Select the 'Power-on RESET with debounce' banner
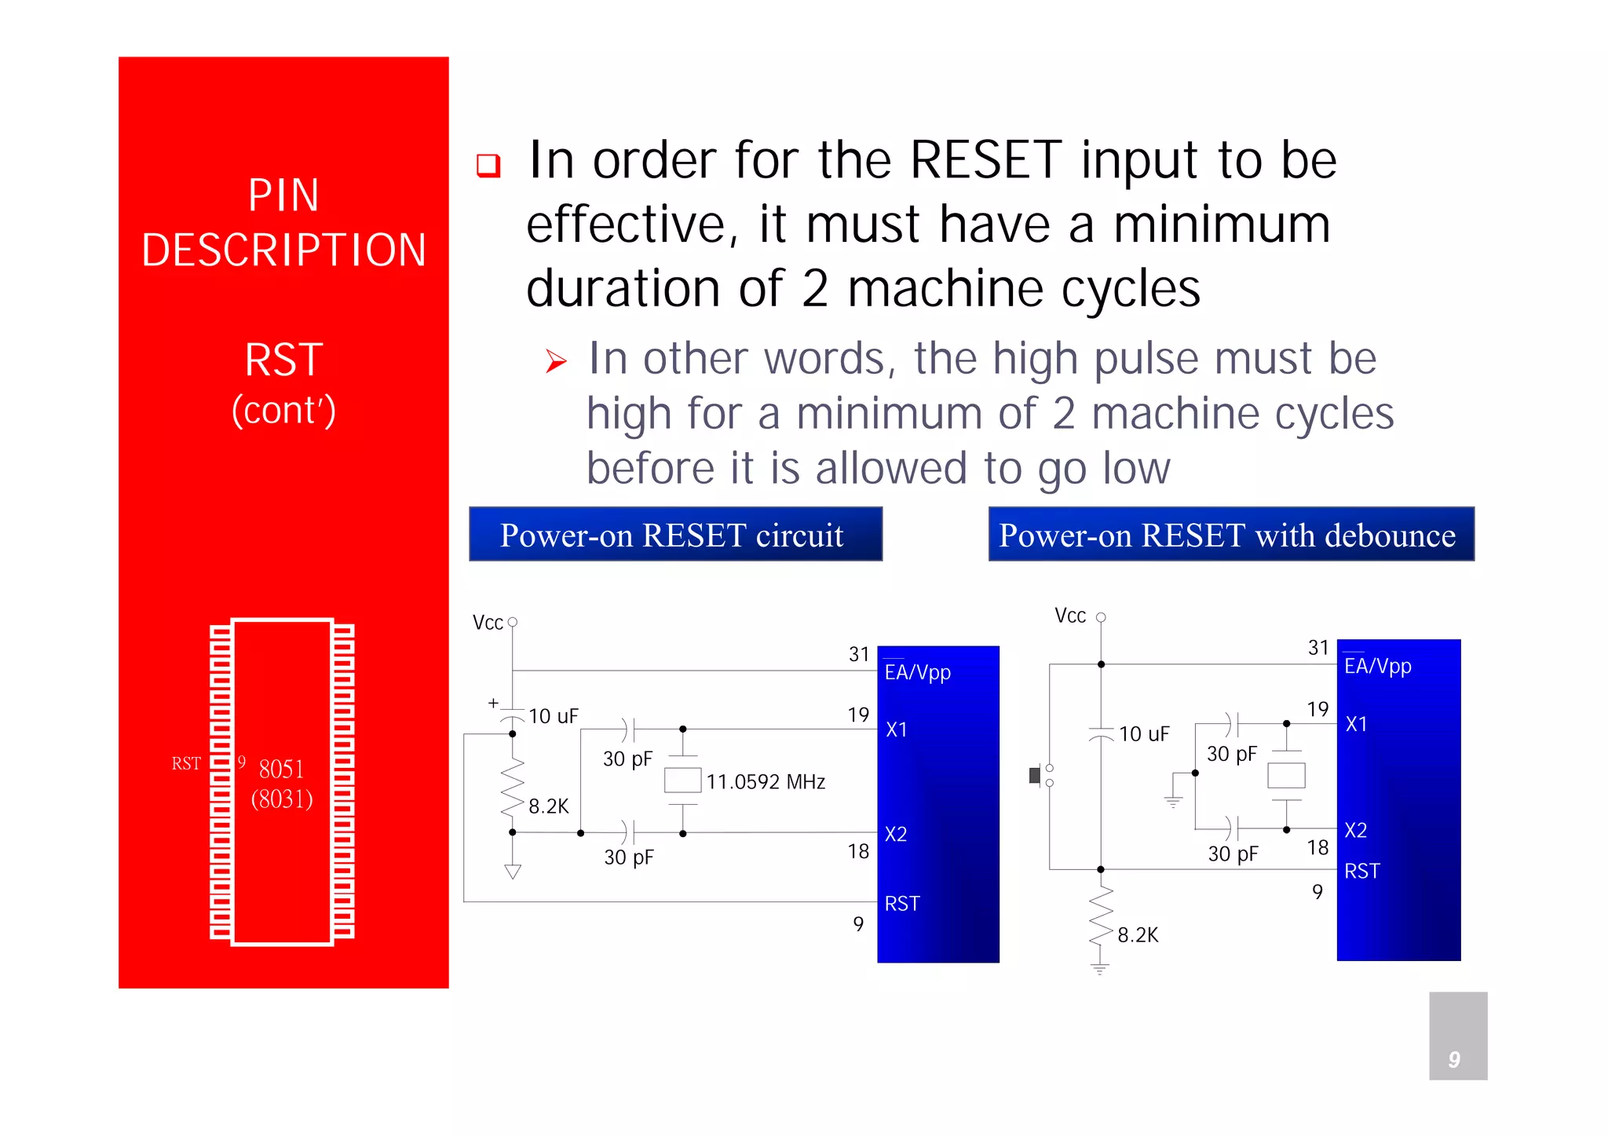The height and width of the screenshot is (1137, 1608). [1230, 535]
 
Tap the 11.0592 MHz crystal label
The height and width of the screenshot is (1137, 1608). [766, 782]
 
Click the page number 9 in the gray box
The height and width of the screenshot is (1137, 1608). [1454, 1059]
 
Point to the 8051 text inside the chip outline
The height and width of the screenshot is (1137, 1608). [281, 769]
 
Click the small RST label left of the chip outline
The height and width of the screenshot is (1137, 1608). [186, 763]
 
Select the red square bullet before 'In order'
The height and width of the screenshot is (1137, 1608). [488, 165]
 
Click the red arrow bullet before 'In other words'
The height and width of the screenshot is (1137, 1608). [556, 361]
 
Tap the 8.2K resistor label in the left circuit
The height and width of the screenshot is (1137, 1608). [548, 806]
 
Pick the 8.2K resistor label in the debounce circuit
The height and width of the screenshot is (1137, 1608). [1138, 935]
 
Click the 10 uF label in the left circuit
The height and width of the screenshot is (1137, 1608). [553, 716]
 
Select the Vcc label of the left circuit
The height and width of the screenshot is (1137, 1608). [488, 623]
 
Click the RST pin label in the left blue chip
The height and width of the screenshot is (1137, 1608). [901, 904]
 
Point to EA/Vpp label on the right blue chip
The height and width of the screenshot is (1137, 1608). [1377, 667]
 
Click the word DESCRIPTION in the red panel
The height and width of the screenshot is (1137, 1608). [283, 250]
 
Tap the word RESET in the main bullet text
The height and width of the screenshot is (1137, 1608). [985, 160]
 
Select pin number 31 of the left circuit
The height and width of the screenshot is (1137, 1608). [859, 654]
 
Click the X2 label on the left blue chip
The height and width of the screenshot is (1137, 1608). [896, 834]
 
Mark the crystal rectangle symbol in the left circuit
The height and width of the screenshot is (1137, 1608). [682, 781]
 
